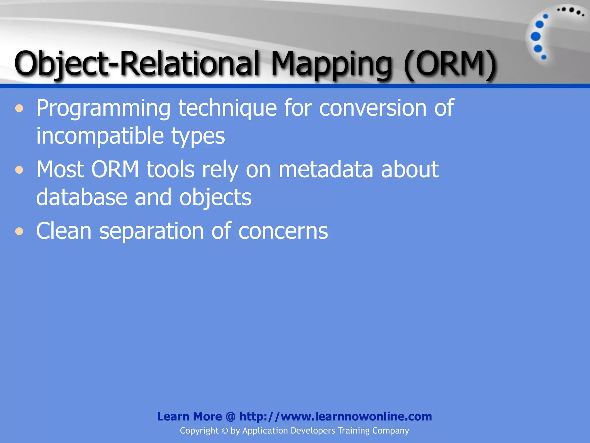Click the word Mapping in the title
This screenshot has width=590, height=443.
coord(331,64)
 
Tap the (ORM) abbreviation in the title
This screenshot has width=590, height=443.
coord(450,64)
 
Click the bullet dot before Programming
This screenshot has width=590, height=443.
coord(19,109)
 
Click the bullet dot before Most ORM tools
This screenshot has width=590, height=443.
coord(19,170)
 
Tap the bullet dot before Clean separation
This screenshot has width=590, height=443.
coord(19,231)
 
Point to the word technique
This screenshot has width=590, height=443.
coord(228,108)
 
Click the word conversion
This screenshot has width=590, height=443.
coord(373,108)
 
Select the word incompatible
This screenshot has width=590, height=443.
coord(100,136)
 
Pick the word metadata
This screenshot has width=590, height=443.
coord(326,169)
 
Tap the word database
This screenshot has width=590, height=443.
coord(82,197)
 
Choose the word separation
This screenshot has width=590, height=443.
coord(152,231)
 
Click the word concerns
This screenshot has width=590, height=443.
coord(283,231)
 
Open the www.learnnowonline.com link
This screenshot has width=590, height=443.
coord(335,416)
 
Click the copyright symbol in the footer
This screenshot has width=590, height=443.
coord(225,431)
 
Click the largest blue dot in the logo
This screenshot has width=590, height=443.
coord(536,36)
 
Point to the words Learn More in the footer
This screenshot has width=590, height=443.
coord(189,416)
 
